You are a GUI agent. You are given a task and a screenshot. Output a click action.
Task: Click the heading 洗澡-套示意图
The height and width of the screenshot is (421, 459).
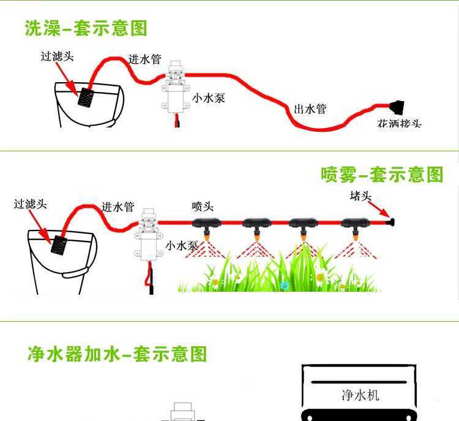[x=86, y=28]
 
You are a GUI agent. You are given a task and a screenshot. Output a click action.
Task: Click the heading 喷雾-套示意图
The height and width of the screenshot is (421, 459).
[x=382, y=175]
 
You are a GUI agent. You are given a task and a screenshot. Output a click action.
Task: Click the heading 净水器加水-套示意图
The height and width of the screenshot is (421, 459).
[x=118, y=354]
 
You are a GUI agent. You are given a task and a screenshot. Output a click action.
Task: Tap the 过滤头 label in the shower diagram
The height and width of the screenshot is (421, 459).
[x=57, y=56]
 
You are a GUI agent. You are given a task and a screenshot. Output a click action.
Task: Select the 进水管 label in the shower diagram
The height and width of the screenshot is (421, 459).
[x=144, y=59]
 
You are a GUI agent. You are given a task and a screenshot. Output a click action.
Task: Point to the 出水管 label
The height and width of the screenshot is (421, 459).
[x=310, y=109]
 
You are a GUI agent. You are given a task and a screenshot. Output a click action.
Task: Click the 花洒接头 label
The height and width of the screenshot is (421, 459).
[x=399, y=124]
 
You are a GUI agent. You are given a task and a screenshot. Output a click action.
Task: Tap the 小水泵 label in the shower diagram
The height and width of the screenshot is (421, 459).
[x=209, y=97]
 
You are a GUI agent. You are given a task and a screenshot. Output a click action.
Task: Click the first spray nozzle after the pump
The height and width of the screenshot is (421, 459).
[x=208, y=225]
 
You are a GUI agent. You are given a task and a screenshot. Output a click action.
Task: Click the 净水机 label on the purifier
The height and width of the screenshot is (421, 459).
[x=360, y=394]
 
